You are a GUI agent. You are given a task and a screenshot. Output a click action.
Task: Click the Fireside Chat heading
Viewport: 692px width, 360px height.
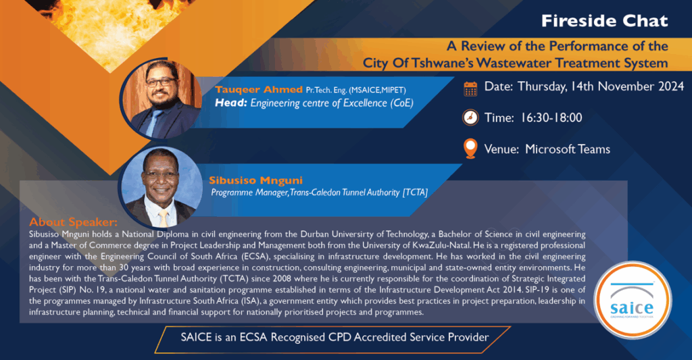(x=605, y=21)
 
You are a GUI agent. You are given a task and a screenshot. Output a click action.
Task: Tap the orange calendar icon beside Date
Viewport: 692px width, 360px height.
(x=470, y=88)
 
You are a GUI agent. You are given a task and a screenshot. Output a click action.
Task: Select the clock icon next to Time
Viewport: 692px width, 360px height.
(x=470, y=118)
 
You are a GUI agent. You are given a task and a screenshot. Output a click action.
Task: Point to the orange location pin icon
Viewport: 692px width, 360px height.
(x=470, y=149)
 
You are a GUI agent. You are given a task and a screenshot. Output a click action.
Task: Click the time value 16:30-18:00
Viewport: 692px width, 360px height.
(x=551, y=118)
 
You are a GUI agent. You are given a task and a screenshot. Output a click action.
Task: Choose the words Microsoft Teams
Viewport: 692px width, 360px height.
(x=568, y=149)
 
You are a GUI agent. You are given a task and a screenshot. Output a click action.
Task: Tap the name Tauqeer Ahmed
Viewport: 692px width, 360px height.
(x=259, y=90)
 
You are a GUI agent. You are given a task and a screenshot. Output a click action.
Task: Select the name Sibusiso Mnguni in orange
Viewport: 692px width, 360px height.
(x=255, y=180)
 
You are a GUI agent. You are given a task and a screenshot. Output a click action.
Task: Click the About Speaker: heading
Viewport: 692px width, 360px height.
(x=73, y=222)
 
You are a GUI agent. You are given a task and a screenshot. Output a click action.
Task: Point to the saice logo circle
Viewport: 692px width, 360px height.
(x=633, y=300)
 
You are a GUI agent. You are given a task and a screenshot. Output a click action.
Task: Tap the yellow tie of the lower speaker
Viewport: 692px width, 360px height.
(x=164, y=218)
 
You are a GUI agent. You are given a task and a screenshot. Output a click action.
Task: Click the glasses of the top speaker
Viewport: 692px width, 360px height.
(x=161, y=82)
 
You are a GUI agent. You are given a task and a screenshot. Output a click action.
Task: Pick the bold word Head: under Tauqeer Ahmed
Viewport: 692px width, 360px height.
(x=231, y=103)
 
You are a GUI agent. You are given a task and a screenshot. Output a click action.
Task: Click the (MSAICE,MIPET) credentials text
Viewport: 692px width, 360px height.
(x=377, y=90)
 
